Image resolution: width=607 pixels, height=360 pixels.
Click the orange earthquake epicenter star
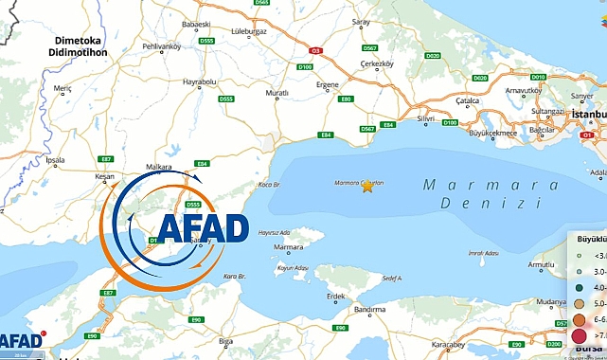tap(367, 187)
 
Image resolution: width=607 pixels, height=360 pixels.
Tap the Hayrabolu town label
tap(199, 82)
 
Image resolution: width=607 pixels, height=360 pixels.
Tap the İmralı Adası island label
tap(483, 253)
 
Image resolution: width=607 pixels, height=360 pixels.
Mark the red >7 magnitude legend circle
tap(578, 336)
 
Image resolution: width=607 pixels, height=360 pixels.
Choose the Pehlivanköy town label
tap(160, 45)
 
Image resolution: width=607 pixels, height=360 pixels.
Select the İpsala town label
tap(55, 160)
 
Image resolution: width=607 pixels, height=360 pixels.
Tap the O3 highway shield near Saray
tap(316, 51)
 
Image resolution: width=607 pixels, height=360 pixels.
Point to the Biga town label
tap(225, 339)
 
